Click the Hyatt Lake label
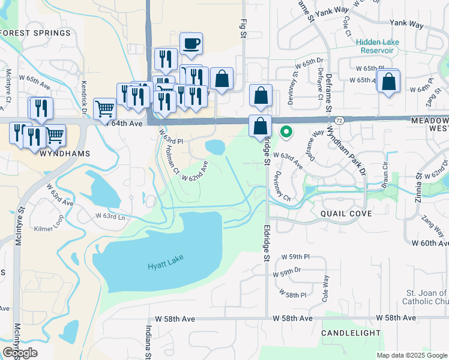pos(166,257)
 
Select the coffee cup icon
pos(191,44)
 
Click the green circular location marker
pos(287,132)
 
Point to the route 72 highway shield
pos(339,121)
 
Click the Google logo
pos(20,352)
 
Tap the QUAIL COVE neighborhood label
pos(346,214)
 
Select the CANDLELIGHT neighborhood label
pos(351,332)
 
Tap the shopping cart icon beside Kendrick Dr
pos(104,109)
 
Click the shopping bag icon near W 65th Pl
pos(389,82)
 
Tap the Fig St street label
pos(243,29)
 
